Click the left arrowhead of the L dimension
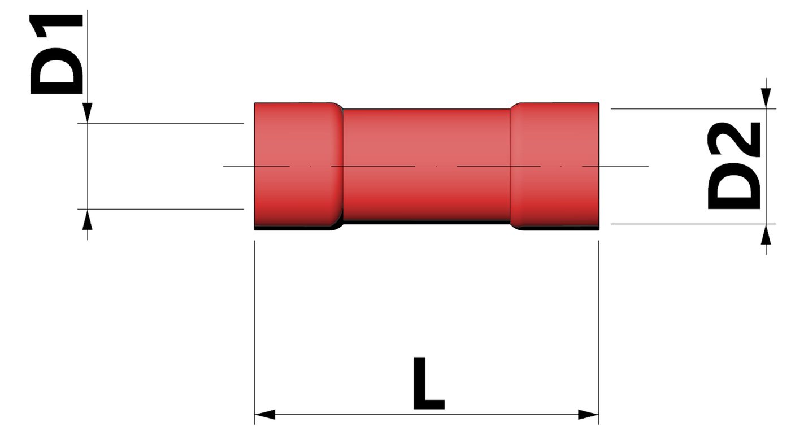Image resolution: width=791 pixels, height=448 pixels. pyautogui.click(x=264, y=415)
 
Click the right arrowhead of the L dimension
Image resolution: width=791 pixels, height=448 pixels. pyautogui.click(x=588, y=415)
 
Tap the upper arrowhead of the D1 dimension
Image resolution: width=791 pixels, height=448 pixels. pyautogui.click(x=87, y=112)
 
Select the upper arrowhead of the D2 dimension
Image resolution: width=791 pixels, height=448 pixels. pyautogui.click(x=766, y=98)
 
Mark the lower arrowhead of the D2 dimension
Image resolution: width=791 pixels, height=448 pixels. pyautogui.click(x=766, y=234)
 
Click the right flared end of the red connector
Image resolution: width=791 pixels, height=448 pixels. pyautogui.click(x=555, y=166)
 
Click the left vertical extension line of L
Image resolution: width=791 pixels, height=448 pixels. pyautogui.click(x=255, y=328)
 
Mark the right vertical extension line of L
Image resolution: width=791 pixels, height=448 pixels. pyautogui.click(x=598, y=328)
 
